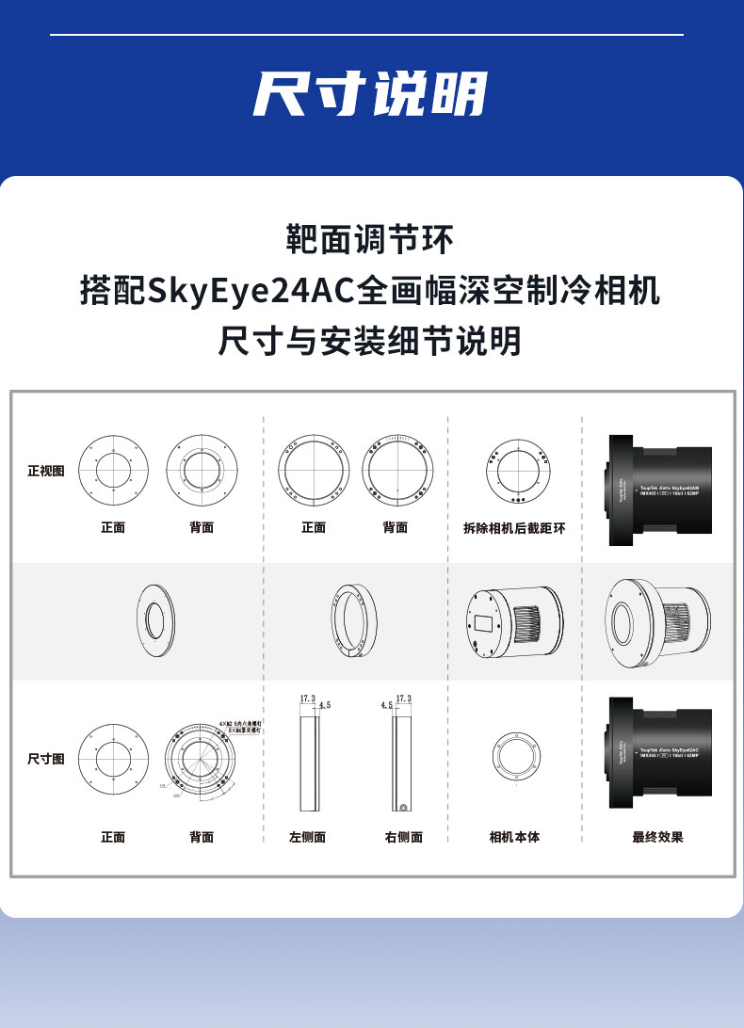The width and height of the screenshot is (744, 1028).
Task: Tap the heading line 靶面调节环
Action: pyautogui.click(x=370, y=239)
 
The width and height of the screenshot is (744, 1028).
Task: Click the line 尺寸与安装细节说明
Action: pyautogui.click(x=370, y=341)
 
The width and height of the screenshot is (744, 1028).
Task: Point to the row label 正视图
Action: pyautogui.click(x=46, y=471)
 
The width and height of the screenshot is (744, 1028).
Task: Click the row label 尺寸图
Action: pyautogui.click(x=46, y=759)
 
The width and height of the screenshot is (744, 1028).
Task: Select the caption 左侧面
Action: pyautogui.click(x=307, y=836)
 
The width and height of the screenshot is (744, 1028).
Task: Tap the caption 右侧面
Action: pyautogui.click(x=403, y=836)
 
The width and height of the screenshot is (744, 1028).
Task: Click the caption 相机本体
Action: pyautogui.click(x=514, y=836)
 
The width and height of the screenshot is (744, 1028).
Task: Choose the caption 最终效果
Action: pyautogui.click(x=657, y=836)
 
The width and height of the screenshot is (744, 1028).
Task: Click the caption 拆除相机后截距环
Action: pyautogui.click(x=514, y=528)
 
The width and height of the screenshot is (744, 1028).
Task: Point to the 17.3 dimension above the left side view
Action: pyautogui.click(x=307, y=699)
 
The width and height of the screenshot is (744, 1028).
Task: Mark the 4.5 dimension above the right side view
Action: pyautogui.click(x=386, y=704)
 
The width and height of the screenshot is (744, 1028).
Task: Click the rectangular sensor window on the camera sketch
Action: pyautogui.click(x=483, y=623)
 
